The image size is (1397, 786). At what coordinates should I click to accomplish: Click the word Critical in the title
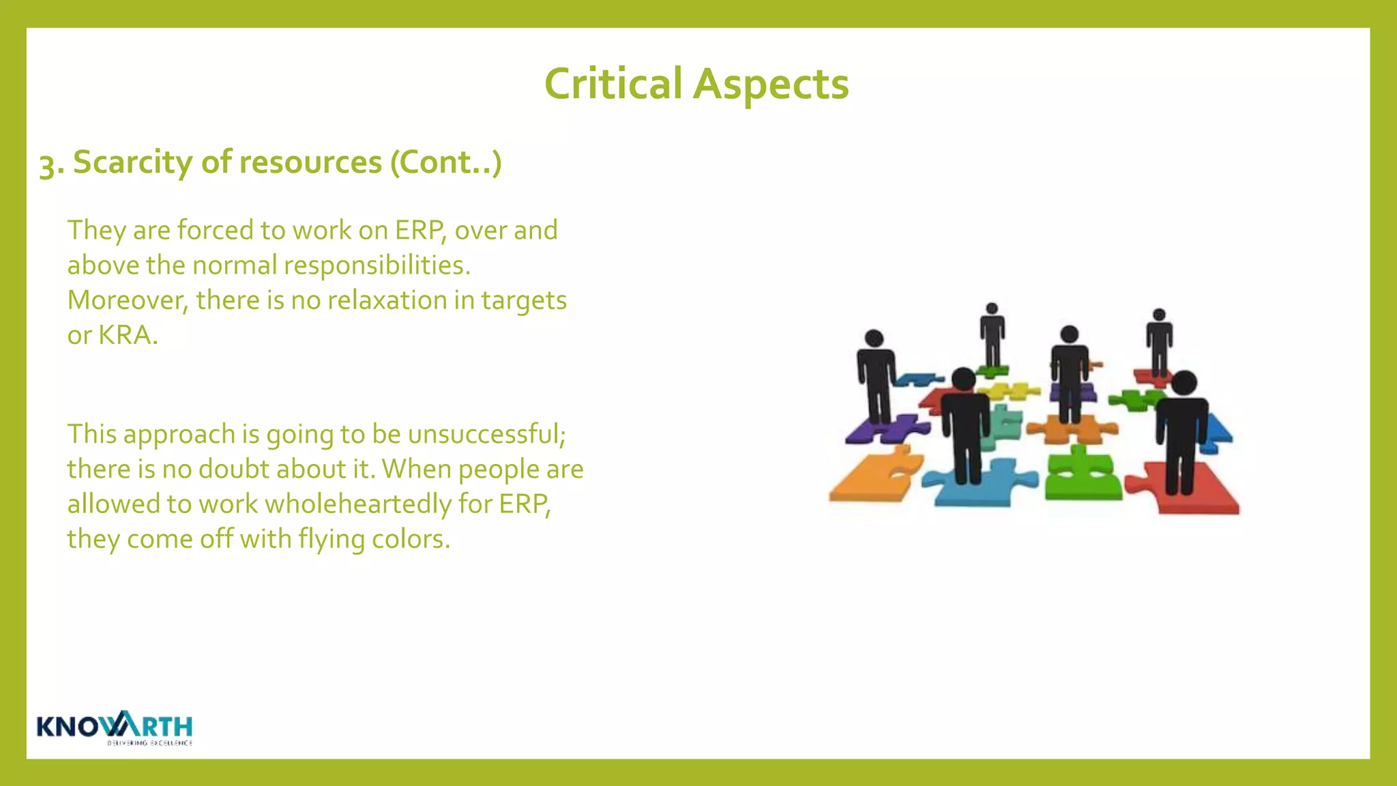coord(613,85)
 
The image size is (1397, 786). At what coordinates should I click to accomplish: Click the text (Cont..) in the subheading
coord(445,162)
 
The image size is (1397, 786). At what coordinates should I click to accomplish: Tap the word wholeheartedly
coord(358,504)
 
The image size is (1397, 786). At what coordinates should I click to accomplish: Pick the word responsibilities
coord(377,265)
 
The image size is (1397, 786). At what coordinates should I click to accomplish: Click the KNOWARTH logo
coord(115,725)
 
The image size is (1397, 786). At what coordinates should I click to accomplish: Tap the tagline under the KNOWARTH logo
coord(149,743)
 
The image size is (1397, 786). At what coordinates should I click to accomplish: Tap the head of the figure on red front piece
coord(1184,383)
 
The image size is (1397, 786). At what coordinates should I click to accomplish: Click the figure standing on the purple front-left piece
coord(876,382)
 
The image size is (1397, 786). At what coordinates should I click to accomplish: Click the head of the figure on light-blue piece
coord(964,379)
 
